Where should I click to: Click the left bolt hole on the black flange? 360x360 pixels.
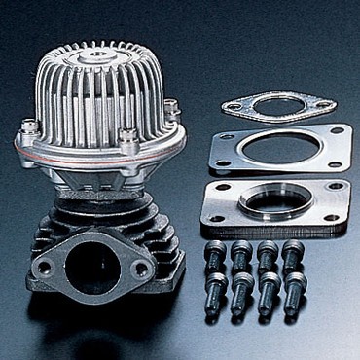[x=45, y=264]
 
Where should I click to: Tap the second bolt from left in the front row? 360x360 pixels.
[x=239, y=290]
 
